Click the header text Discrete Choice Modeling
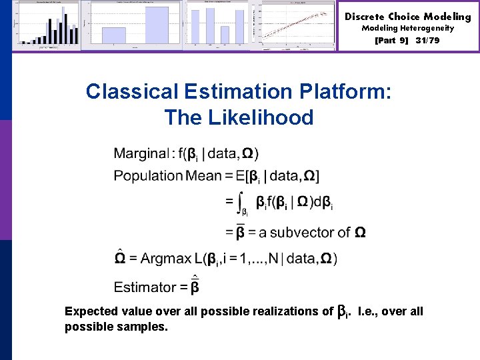[x=407, y=17]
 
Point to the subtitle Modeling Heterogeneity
[x=407, y=29]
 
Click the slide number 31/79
[x=427, y=41]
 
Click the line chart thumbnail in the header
[x=299, y=25]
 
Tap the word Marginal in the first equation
[x=141, y=153]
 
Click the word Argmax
[x=165, y=259]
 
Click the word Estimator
[x=145, y=287]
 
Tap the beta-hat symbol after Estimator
[x=195, y=286]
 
